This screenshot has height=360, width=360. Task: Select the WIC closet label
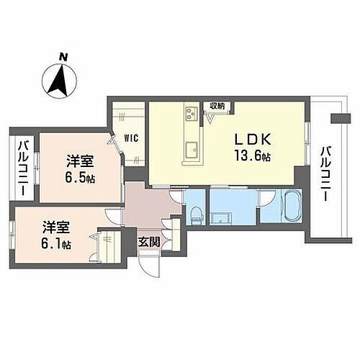tap(130, 138)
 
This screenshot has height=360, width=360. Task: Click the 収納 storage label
tap(217, 106)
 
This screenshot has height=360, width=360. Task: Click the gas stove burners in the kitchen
tap(192, 113)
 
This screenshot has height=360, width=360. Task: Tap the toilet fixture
tap(197, 211)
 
